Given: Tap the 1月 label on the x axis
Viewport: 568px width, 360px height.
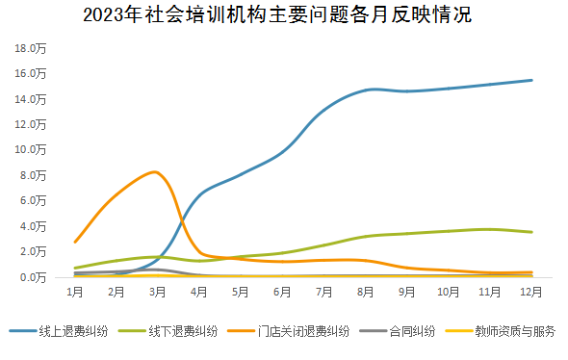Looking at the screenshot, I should pos(74,290).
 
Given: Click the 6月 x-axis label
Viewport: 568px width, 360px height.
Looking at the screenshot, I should pos(282,290).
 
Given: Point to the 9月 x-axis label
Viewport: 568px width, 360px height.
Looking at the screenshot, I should pos(407,290).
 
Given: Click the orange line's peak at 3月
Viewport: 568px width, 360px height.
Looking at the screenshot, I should pos(155,171).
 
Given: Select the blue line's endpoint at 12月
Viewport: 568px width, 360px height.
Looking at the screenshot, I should pos(531,80).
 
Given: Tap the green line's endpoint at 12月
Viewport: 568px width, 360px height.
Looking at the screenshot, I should pos(531,232).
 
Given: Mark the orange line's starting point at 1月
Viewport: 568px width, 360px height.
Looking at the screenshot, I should pos(75,242).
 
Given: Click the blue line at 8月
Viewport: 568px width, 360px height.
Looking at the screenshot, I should pos(366,90).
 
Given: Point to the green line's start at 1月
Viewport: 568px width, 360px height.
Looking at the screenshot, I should pos(75,268).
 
